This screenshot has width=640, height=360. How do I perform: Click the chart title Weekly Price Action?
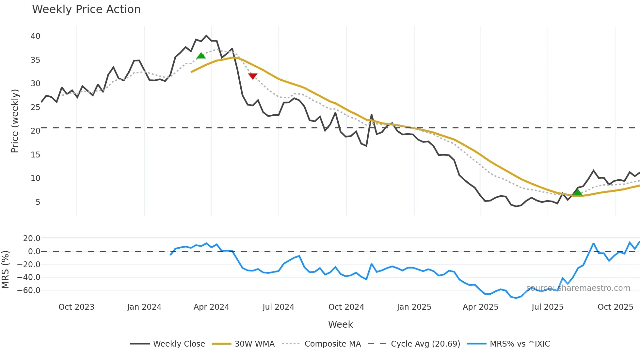point(86,9)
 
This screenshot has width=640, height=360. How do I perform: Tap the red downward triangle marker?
point(253,76)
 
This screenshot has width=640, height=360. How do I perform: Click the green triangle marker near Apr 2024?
point(201,56)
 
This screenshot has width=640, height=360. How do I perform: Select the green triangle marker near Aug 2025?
point(578,192)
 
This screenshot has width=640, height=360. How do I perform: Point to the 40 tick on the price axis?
point(35,36)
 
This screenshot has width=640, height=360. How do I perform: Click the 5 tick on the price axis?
point(38,202)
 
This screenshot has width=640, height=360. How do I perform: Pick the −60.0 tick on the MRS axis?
point(29,290)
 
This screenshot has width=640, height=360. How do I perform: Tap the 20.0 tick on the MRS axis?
point(32,238)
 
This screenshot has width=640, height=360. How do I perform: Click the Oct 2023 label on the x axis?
point(76,307)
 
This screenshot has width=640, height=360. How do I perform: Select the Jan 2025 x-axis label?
point(414,307)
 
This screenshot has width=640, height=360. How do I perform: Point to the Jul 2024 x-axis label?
point(278,307)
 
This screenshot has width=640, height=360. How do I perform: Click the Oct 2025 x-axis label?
point(615,307)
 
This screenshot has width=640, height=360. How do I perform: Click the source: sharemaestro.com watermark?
point(578,288)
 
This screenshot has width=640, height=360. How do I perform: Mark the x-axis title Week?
point(340,325)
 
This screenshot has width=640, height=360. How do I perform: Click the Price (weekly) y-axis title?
point(15,121)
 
